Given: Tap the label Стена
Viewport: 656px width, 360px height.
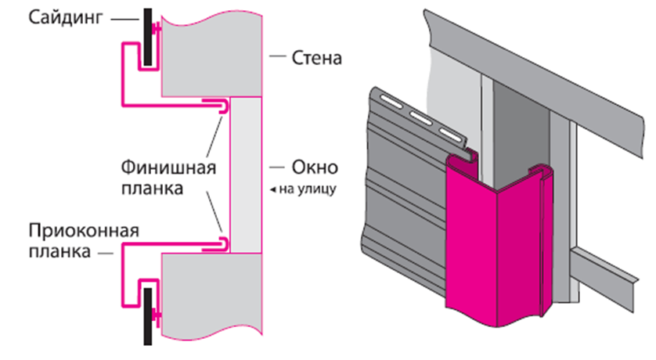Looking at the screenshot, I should (316, 58).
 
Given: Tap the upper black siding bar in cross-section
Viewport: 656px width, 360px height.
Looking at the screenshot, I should (146, 38).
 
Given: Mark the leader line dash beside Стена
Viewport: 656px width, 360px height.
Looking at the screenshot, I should (275, 58).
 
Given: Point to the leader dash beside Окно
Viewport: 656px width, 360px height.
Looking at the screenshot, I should (275, 167).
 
